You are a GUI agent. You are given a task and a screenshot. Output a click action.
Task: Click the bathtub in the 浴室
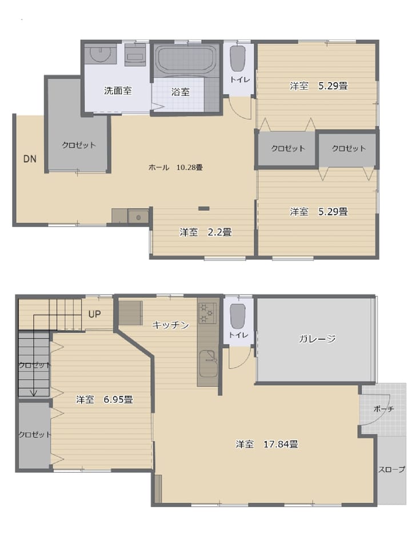pyautogui.click(x=186, y=59)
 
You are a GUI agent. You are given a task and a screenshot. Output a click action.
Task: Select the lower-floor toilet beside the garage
pyautogui.click(x=238, y=316)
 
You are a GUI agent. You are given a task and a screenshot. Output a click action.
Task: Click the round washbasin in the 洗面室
pyautogui.click(x=101, y=54)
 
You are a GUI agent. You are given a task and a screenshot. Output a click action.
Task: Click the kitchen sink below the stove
pyautogui.click(x=209, y=364)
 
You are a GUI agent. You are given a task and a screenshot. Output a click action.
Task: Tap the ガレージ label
pyautogui.click(x=317, y=339)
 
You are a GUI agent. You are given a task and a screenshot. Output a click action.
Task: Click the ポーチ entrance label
pyautogui.click(x=383, y=409)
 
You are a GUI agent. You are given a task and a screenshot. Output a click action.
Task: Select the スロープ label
pyautogui.click(x=391, y=469)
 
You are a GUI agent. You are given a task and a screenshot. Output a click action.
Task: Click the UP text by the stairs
pyautogui.click(x=94, y=314)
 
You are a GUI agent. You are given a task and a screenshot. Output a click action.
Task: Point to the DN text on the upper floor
pyautogui.click(x=30, y=159)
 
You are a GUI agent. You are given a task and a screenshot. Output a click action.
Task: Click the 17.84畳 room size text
pyautogui.click(x=281, y=444)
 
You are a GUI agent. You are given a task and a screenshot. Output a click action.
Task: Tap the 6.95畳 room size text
pyautogui.click(x=118, y=399)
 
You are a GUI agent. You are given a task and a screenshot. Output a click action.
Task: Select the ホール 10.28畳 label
pyautogui.click(x=175, y=167)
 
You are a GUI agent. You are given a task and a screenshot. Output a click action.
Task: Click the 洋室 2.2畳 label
pyautogui.click(x=205, y=232)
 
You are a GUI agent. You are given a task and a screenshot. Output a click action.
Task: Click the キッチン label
pyautogui.click(x=170, y=325)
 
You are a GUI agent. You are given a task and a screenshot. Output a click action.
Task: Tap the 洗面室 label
pyautogui.click(x=118, y=91)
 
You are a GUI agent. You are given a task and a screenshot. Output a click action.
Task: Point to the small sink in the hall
pyautogui.click(x=138, y=217)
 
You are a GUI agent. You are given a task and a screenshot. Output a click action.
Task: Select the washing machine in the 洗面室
pyautogui.click(x=135, y=54)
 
